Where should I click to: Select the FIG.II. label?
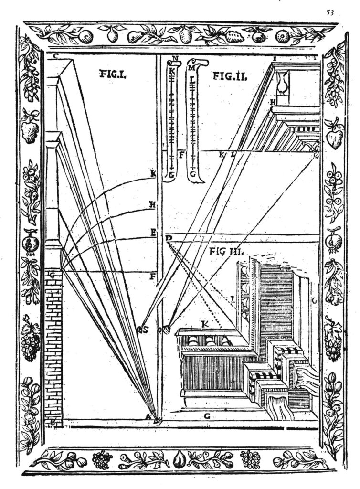[x=229, y=75]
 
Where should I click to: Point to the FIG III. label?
[x=227, y=251]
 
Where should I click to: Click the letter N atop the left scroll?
[x=174, y=59]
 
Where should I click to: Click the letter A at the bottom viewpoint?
[x=148, y=418]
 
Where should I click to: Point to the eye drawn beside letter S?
[x=141, y=329]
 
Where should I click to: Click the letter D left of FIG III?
[x=169, y=237]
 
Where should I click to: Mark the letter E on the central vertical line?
[x=153, y=233]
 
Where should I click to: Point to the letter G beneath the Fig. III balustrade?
[x=207, y=416]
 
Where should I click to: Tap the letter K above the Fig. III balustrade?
[x=205, y=324]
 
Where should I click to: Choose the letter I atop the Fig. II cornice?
[x=275, y=58]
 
